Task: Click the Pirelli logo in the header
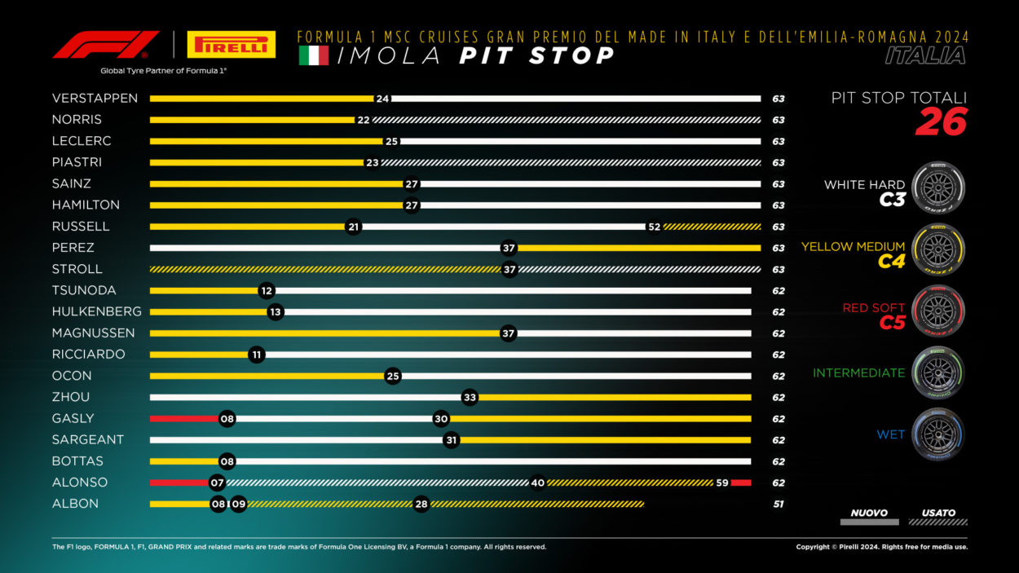click(231, 44)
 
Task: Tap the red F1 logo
click(106, 45)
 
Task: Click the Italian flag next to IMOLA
click(313, 55)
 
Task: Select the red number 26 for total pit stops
click(941, 121)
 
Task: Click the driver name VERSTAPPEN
click(95, 99)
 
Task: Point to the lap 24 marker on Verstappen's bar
click(382, 99)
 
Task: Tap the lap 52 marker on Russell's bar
click(654, 227)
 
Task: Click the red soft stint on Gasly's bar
click(184, 419)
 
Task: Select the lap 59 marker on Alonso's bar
click(722, 483)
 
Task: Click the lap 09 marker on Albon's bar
click(238, 504)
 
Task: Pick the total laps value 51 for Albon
click(779, 504)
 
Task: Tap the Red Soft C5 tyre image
click(938, 311)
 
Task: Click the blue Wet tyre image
click(938, 434)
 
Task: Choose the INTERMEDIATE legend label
click(859, 373)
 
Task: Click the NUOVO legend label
click(869, 513)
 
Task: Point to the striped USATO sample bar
click(938, 522)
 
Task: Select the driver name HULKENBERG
click(96, 311)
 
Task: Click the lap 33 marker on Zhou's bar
click(470, 398)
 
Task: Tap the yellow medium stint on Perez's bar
click(639, 248)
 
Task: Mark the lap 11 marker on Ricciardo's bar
click(257, 355)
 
